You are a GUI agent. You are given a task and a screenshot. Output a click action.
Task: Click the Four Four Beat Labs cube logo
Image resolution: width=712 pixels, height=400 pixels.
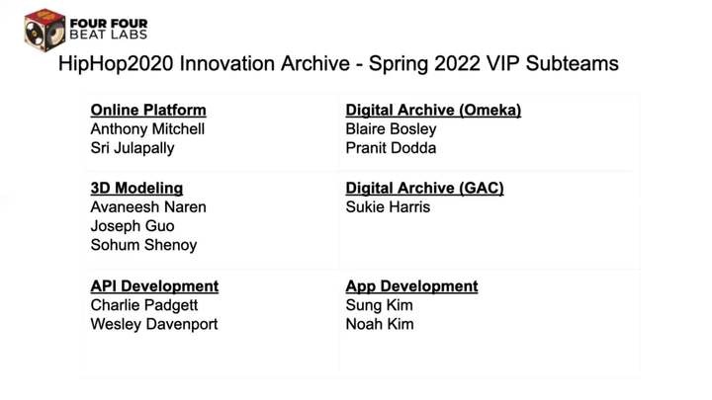44,30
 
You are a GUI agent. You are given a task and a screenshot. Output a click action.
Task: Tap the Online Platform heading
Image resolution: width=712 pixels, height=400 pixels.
148,111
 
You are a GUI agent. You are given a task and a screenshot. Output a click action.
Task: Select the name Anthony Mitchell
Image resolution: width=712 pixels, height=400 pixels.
147,128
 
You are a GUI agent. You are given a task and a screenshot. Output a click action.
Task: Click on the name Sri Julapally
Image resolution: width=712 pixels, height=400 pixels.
133,148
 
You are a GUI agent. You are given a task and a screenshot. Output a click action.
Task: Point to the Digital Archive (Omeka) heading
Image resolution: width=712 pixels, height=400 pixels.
433,111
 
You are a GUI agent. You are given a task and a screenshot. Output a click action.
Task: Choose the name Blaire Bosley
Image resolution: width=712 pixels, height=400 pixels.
391,129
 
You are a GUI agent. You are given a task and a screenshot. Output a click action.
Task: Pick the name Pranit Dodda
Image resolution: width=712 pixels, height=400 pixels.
391,148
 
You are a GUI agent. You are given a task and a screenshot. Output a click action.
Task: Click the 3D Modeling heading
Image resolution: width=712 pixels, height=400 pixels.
136,189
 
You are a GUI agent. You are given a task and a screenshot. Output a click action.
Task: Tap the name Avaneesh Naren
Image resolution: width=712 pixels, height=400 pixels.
148,206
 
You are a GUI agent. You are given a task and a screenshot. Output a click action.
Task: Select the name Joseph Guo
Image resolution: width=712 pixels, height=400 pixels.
133,226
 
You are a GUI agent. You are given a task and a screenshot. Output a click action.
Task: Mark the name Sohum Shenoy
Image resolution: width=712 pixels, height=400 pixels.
143,245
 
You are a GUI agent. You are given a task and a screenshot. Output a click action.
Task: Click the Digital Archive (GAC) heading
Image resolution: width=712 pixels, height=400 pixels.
424,189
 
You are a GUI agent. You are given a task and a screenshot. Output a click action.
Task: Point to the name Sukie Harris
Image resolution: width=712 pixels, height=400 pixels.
388,206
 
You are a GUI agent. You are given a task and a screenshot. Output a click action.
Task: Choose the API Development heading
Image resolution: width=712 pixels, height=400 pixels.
154,286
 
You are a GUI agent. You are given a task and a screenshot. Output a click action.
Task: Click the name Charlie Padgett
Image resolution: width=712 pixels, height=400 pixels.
144,305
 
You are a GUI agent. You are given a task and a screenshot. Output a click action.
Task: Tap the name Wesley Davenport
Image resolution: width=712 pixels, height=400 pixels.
154,324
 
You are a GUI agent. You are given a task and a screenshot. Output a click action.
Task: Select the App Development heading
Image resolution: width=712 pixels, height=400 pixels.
411,286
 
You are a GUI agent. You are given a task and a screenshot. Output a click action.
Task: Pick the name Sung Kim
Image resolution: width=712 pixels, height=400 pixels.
379,305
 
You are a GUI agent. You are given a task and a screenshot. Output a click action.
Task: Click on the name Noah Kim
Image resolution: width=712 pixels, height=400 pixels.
380,324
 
